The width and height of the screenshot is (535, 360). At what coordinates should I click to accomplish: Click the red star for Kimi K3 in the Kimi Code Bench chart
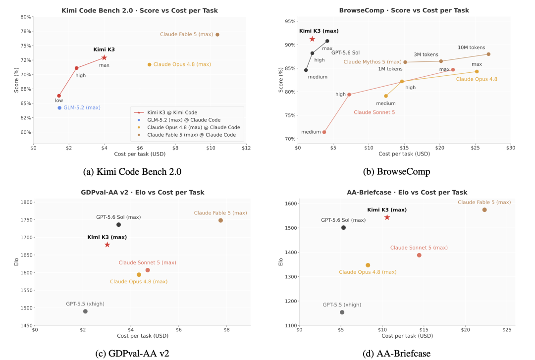(104, 57)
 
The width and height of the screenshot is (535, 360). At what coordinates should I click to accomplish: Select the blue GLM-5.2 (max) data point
(59, 108)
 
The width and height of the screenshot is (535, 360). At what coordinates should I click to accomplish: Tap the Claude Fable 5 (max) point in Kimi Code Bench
(217, 35)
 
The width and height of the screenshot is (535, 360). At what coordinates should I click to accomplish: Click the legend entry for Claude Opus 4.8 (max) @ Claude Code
(194, 127)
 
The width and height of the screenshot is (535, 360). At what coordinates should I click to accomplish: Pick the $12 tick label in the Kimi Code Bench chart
(246, 148)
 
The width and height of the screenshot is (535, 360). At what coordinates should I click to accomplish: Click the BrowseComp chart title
(404, 10)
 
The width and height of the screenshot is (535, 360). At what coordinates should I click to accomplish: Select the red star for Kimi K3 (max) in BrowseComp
(312, 39)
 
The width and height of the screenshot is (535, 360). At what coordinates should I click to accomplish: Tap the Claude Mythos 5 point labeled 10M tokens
(488, 54)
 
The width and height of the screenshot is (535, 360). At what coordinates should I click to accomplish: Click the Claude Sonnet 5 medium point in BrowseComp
(324, 132)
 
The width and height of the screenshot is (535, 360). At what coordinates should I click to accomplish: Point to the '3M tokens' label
(426, 54)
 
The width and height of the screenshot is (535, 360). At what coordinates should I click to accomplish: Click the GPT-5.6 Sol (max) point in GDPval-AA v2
(119, 224)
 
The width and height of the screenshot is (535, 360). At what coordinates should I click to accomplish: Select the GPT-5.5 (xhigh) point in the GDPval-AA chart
(85, 311)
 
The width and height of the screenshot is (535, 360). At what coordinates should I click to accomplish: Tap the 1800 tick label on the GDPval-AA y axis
(27, 203)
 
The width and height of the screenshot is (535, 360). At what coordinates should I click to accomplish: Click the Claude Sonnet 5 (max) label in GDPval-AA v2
(148, 263)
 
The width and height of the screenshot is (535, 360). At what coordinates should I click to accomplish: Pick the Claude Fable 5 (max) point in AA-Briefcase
(484, 210)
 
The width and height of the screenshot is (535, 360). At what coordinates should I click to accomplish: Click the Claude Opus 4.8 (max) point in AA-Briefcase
(368, 265)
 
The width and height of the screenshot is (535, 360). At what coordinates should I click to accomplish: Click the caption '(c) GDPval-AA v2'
(132, 354)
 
